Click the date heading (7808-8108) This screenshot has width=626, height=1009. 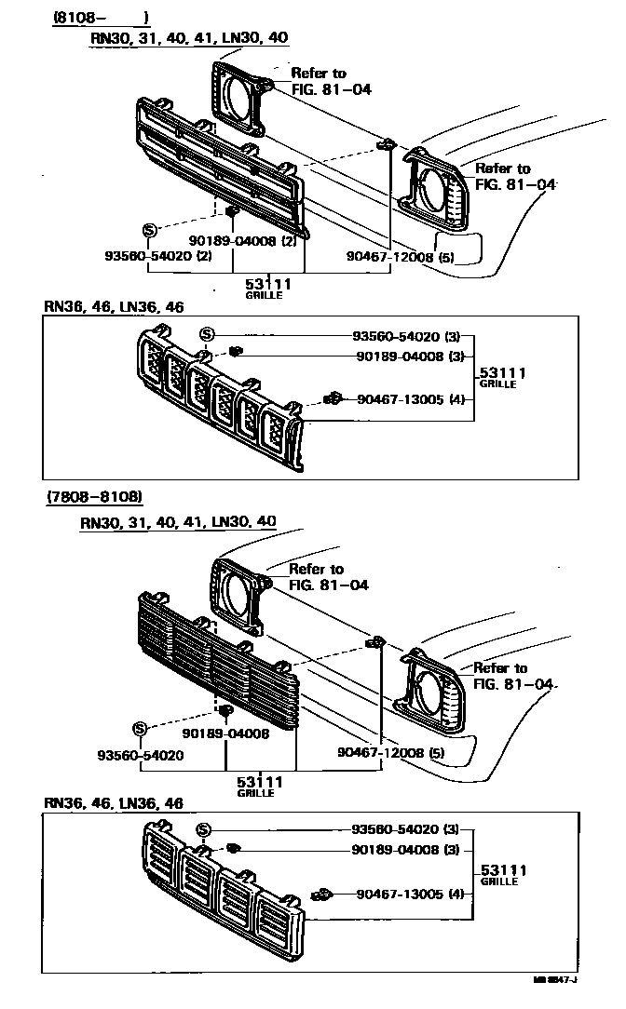click(x=94, y=497)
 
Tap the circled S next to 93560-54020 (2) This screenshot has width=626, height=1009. click(x=150, y=230)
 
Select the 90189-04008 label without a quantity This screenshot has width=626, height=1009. click(x=225, y=733)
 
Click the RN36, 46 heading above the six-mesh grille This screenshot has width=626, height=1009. click(x=114, y=306)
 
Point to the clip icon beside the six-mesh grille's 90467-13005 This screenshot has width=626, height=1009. click(x=333, y=398)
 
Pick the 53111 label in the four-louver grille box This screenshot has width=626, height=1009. click(x=504, y=870)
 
